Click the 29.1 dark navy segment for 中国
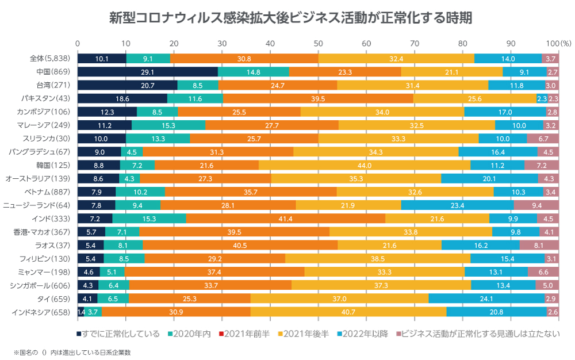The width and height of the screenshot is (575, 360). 148,72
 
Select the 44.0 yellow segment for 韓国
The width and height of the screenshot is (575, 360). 365,165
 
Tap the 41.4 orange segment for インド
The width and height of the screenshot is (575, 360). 286,219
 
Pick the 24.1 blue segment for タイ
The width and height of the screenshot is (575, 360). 486,298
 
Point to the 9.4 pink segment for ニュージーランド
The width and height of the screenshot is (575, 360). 536,205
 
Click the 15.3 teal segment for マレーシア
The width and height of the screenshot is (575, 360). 168,125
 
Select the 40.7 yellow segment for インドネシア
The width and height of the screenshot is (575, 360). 348,312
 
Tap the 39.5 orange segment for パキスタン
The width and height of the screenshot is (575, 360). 318,99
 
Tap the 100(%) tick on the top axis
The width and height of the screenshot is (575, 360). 557,43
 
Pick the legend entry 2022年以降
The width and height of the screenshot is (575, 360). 365,334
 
